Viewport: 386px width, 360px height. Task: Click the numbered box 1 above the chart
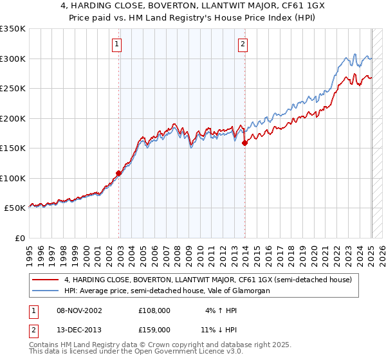[117, 44]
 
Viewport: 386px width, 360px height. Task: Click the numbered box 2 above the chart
[243, 44]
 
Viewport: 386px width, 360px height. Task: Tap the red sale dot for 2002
[119, 173]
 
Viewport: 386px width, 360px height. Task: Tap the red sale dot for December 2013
[245, 143]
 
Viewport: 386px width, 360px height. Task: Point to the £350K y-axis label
[13, 29]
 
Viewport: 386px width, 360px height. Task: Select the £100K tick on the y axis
[13, 178]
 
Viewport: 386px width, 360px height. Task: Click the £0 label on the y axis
[20, 238]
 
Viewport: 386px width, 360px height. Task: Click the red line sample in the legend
[46, 280]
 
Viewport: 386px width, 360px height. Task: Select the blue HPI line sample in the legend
[46, 291]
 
